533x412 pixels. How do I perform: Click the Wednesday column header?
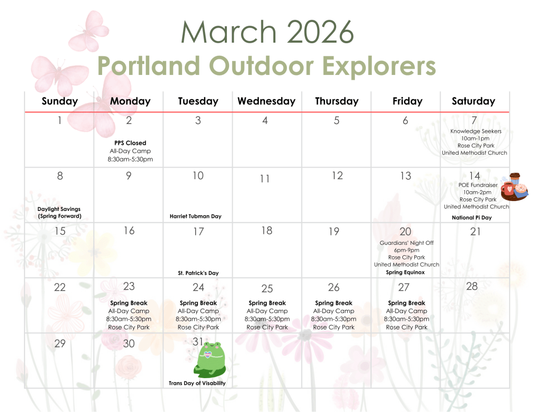[x=266, y=101]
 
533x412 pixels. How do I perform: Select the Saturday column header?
[x=474, y=101]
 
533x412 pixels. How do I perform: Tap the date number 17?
[x=198, y=232]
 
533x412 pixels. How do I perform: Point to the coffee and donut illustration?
[x=515, y=187]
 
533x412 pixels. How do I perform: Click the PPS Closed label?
[x=130, y=143]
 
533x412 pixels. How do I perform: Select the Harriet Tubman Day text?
[x=196, y=216]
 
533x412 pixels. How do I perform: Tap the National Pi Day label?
[x=472, y=218]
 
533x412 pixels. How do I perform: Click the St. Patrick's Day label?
[x=198, y=273]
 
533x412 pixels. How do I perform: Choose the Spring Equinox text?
[x=405, y=272]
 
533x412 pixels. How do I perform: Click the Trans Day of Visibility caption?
[x=197, y=383]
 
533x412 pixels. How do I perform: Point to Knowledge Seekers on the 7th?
[x=476, y=131]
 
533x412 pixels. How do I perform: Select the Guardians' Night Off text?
[x=407, y=243]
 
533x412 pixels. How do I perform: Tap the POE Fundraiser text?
[x=478, y=185]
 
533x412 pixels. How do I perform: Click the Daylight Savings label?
[x=59, y=209]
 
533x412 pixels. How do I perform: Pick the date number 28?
[x=472, y=286]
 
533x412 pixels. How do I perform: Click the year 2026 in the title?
[x=320, y=32]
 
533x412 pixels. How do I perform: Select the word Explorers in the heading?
[x=379, y=66]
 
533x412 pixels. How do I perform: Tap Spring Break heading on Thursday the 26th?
[x=334, y=303]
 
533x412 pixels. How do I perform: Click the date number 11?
[x=265, y=179]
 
